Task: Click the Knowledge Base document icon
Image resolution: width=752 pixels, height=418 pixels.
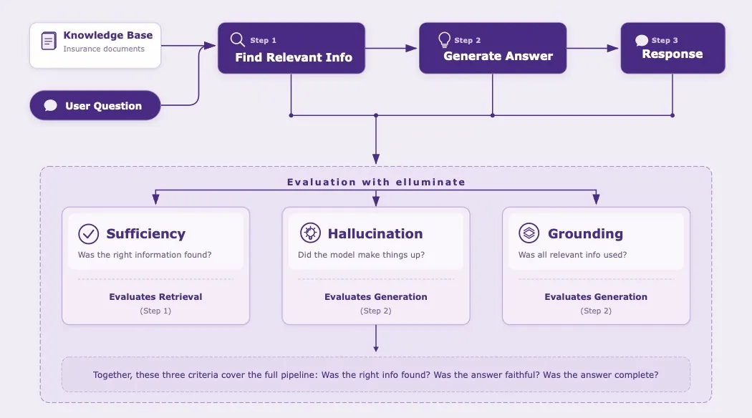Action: pos(49,42)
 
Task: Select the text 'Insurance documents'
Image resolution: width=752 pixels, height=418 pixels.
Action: pos(103,49)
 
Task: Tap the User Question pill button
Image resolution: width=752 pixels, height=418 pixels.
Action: pos(95,106)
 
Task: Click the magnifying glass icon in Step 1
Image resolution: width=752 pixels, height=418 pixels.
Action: pos(237,39)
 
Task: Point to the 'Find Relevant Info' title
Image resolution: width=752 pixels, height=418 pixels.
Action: pos(294,57)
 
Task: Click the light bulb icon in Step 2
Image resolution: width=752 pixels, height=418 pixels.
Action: pos(444,39)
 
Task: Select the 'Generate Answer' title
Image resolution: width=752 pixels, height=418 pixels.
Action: pos(498,56)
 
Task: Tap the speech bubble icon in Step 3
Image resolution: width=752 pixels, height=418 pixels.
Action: pos(642,40)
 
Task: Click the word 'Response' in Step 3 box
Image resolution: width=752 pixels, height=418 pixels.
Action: pos(672,54)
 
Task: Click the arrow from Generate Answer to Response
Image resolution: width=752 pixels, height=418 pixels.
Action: pos(593,49)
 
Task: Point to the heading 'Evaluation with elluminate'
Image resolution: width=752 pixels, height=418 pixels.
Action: pos(376,182)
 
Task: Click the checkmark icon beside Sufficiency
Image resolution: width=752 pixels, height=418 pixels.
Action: pos(88,234)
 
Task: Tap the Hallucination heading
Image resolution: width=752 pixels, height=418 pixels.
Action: pos(375,234)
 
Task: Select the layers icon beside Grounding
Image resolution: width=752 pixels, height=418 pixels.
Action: pos(529,233)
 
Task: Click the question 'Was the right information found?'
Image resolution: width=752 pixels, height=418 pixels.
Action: pos(144,255)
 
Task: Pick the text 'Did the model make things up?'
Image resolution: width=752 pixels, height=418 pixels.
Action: pos(361,255)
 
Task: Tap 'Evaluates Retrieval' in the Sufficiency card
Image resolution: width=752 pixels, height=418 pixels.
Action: pos(155,296)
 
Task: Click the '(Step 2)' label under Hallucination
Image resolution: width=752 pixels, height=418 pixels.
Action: pos(376,311)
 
